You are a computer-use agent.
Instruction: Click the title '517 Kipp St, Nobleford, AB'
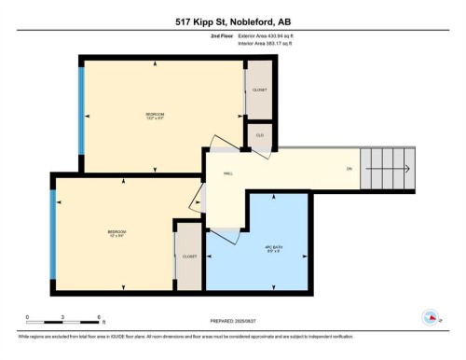[x=233, y=22]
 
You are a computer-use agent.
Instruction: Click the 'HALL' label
[x=228, y=173]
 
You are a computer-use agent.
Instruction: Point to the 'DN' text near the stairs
[x=349, y=169]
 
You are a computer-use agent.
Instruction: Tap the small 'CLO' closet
[x=260, y=135]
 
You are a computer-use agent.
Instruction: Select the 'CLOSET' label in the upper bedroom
[x=260, y=90]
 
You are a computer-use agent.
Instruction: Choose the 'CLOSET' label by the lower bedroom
[x=189, y=256]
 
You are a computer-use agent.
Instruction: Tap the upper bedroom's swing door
[x=223, y=145]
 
